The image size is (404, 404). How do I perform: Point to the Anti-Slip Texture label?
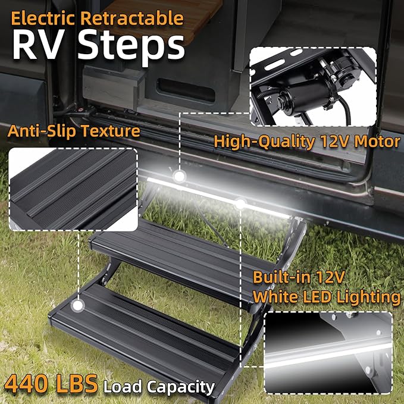point(74,131)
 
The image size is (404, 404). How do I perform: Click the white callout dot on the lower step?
point(76,306)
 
